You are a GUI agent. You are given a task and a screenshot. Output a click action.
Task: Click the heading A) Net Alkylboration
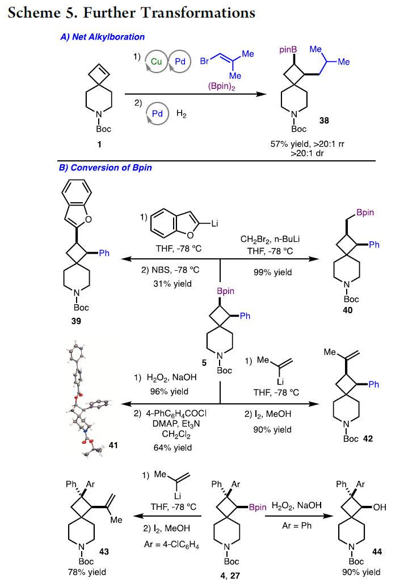(x=102, y=37)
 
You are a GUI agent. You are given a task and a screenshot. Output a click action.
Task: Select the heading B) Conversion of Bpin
(x=106, y=168)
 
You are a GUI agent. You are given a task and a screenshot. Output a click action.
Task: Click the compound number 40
(x=348, y=309)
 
